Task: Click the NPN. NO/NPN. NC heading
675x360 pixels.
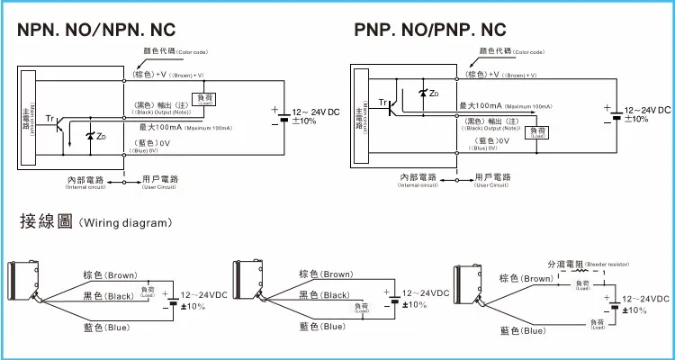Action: pyautogui.click(x=108, y=30)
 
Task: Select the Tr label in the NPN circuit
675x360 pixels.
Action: pyautogui.click(x=49, y=118)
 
